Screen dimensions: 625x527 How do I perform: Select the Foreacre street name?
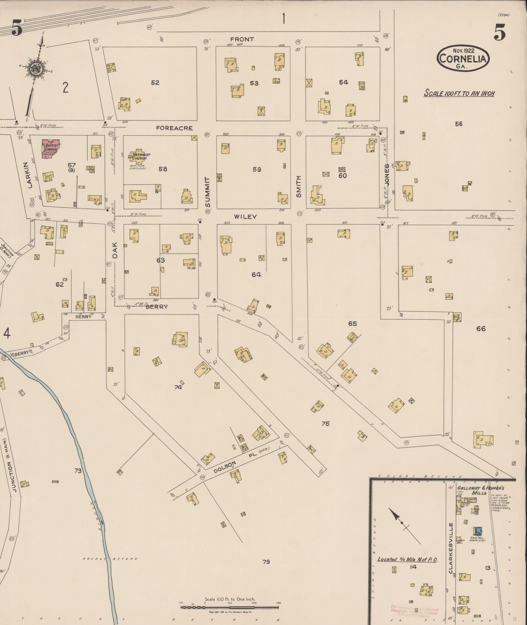click(x=174, y=128)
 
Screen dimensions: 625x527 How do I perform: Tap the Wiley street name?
click(x=245, y=217)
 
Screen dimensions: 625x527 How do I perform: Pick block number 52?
click(x=155, y=83)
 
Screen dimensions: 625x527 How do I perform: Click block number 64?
click(x=256, y=275)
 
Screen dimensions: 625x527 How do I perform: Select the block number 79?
click(x=266, y=562)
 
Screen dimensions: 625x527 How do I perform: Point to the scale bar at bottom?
click(x=229, y=607)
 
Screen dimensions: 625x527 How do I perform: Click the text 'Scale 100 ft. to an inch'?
click(x=459, y=93)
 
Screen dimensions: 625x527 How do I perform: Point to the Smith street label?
click(x=298, y=187)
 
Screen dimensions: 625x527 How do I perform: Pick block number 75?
click(x=325, y=424)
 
